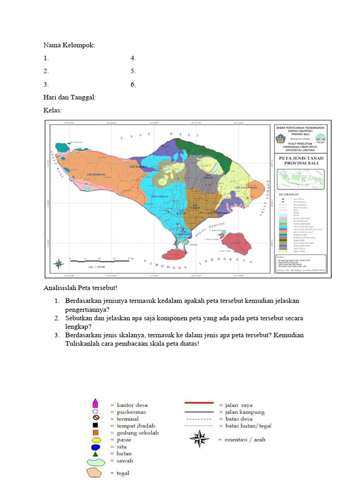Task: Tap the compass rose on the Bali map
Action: [x=59, y=263]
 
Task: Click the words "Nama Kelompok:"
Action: [x=69, y=45]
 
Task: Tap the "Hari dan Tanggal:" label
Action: [x=69, y=97]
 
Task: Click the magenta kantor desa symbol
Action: [x=95, y=404]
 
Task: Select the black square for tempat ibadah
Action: [x=95, y=425]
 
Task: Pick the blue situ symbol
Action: [x=95, y=447]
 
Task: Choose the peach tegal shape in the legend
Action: [x=96, y=472]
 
